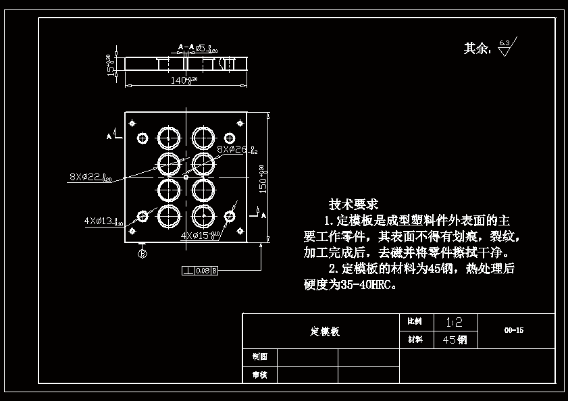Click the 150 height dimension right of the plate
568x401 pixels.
point(263,178)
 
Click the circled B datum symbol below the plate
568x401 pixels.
point(142,254)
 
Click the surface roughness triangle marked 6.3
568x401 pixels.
point(505,48)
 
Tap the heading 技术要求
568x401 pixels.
point(353,204)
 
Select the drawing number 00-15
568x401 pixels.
point(513,331)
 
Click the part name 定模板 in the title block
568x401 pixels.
point(325,331)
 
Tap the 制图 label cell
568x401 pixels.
point(259,356)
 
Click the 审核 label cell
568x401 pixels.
point(259,375)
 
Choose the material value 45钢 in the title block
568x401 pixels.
point(454,340)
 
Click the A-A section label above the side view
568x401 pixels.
point(186,47)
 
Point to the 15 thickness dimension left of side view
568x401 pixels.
point(109,65)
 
